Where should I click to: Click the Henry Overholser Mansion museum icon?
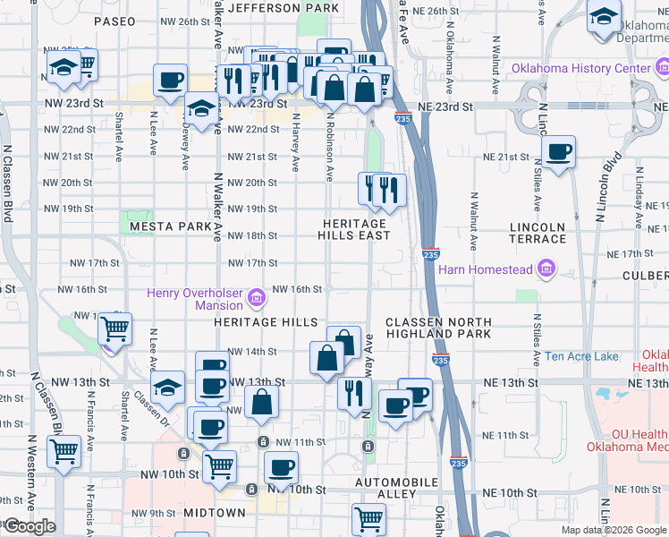(257, 297)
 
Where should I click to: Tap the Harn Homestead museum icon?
(545, 269)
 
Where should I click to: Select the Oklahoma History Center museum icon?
(662, 69)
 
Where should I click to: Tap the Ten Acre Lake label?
(581, 356)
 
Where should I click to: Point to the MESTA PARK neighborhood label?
(170, 226)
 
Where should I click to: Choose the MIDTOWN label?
(215, 513)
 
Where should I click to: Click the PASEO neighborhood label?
(114, 20)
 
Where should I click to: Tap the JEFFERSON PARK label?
(284, 8)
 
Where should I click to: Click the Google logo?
(29, 526)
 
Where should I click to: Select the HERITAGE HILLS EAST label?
(354, 229)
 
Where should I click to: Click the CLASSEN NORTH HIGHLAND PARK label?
(438, 328)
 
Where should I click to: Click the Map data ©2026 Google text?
(613, 530)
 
